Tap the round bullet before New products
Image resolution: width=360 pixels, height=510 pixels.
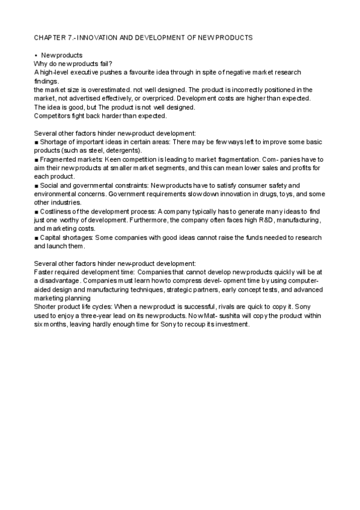pyautogui.click(x=36, y=55)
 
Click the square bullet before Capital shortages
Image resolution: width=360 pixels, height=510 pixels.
pyautogui.click(x=36, y=238)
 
